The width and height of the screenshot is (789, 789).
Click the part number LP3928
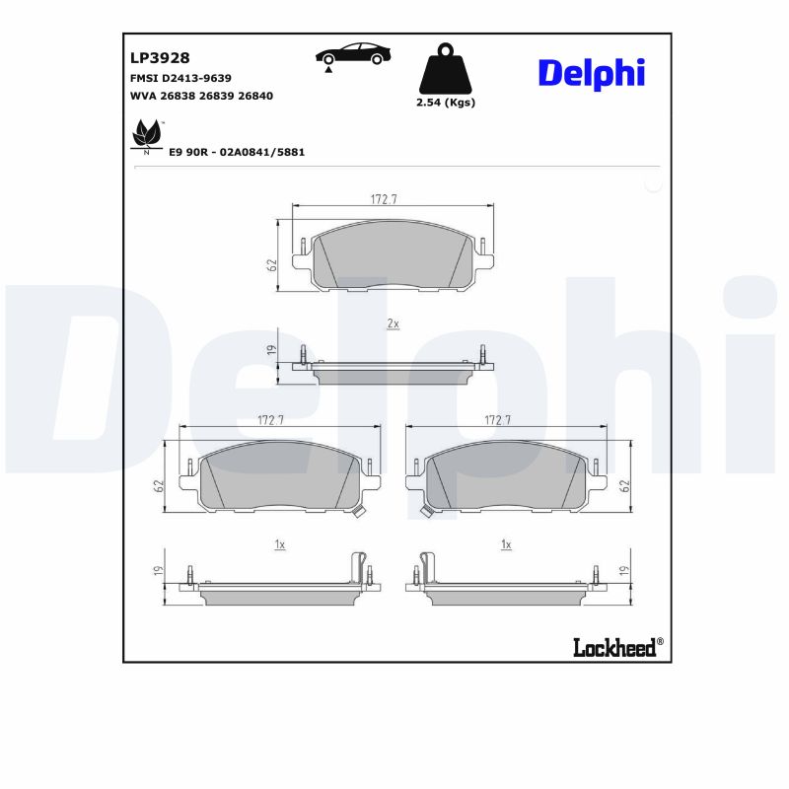160,58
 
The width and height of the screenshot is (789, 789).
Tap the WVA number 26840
255,96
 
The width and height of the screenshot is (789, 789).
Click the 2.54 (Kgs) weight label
446,103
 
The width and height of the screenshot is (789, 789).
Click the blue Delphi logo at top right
591,72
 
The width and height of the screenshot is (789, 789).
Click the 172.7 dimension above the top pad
384,199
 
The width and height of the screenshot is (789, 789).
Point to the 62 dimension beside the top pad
270,264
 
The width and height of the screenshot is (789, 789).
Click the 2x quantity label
393,323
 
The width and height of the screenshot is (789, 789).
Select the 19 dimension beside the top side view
270,350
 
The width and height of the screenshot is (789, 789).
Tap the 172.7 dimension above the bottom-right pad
497,420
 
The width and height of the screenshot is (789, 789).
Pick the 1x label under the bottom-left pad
279,544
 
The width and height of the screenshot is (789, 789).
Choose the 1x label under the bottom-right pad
506,544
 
